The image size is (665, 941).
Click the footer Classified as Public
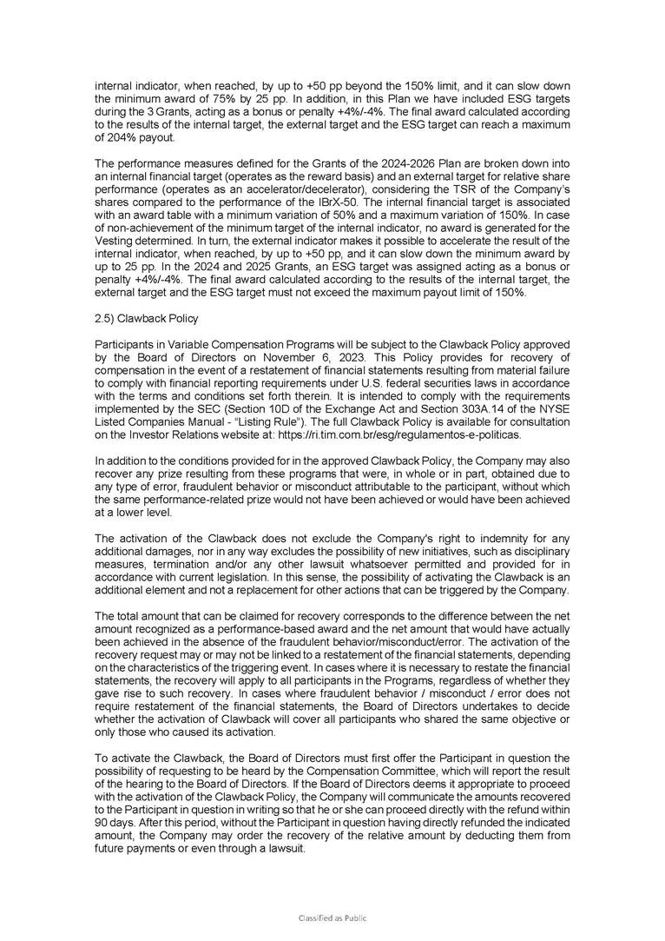[332, 918]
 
